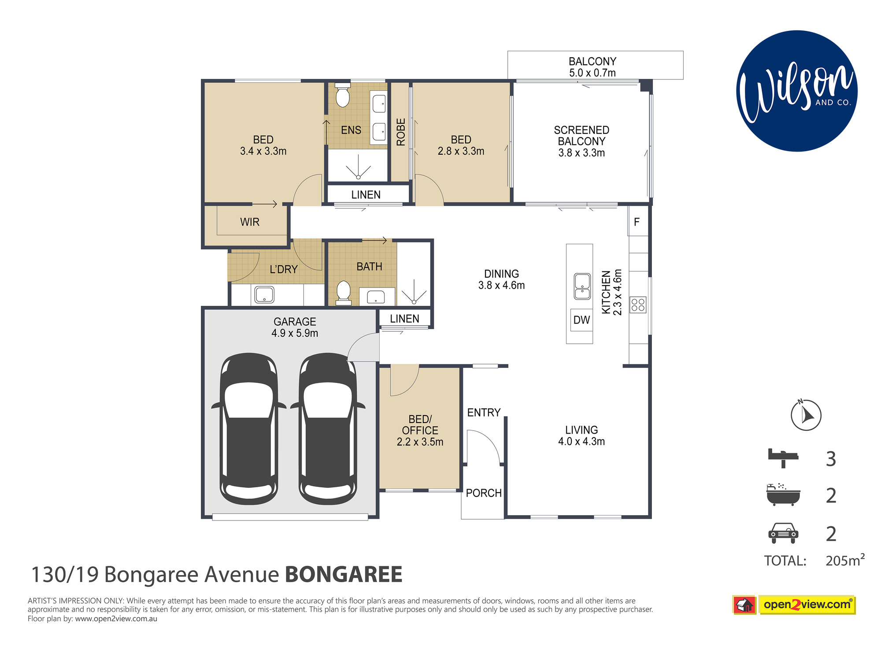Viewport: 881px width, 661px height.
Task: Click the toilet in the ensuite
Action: [342, 95]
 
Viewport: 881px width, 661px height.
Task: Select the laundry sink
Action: [264, 294]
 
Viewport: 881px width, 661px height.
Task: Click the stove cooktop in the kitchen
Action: [638, 305]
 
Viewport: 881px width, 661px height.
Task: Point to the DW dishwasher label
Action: [581, 320]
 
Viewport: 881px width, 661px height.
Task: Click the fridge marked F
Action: [637, 222]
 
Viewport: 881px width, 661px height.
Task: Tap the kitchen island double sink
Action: [582, 286]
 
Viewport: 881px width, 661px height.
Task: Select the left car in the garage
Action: [249, 428]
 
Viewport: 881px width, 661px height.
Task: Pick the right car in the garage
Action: [328, 428]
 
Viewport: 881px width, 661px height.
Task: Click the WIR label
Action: [250, 222]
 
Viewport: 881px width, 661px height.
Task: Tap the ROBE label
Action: [401, 132]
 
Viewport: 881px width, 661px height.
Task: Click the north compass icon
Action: [806, 415]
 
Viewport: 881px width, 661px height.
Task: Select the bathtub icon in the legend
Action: [783, 494]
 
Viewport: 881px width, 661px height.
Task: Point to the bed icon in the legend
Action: [783, 458]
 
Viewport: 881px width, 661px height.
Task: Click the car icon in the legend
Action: [783, 533]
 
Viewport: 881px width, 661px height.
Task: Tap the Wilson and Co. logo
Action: [797, 91]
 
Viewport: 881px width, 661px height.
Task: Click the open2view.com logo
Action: [794, 605]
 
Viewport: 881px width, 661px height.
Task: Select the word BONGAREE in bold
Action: [344, 575]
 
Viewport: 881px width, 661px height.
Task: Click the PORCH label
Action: [484, 493]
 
